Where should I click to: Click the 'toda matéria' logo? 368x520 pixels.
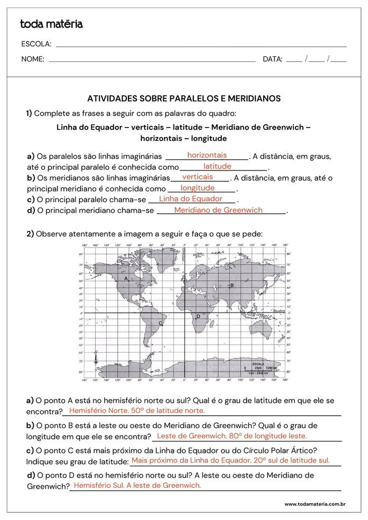52,24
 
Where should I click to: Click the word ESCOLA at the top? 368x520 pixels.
36,44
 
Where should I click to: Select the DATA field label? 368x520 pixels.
272,59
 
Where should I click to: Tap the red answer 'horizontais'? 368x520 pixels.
207,155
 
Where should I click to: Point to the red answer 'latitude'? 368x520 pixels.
217,167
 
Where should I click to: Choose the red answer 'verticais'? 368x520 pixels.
198,177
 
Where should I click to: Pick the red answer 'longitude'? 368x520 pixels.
198,188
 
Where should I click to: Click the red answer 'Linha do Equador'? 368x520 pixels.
191,199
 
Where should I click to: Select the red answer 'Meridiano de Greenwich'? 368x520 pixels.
218,210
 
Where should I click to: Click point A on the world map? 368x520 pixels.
126,279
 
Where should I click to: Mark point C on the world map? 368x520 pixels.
161,323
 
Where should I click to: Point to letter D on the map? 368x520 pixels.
198,316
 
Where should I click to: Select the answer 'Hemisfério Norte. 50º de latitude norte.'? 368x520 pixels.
137,411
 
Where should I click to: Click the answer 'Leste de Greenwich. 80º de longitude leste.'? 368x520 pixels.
232,436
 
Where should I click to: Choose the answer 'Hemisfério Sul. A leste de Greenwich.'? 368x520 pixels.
137,486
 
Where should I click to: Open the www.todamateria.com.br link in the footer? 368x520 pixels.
314,504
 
